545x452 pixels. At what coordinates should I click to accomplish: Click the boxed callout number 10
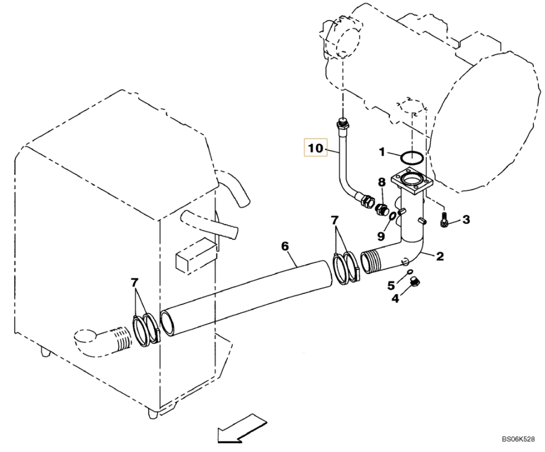(x=316, y=148)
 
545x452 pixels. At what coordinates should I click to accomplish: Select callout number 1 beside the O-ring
(x=382, y=152)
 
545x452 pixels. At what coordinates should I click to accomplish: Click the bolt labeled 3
(x=444, y=220)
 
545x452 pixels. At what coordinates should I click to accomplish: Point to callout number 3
(x=465, y=219)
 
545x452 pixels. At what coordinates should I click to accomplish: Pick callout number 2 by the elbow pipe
(x=440, y=256)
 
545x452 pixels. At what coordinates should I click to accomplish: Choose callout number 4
(x=395, y=298)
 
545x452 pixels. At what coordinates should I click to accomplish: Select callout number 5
(x=391, y=286)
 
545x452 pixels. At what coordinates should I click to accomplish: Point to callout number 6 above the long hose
(x=285, y=246)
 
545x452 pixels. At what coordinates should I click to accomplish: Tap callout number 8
(x=382, y=182)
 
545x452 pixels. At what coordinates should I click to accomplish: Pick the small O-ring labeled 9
(x=391, y=216)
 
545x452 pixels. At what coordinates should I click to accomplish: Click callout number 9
(x=381, y=236)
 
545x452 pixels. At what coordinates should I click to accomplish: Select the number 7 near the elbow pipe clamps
(x=334, y=220)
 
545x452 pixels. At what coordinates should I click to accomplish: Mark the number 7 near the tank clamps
(x=135, y=283)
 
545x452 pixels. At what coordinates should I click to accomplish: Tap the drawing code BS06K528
(x=518, y=439)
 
